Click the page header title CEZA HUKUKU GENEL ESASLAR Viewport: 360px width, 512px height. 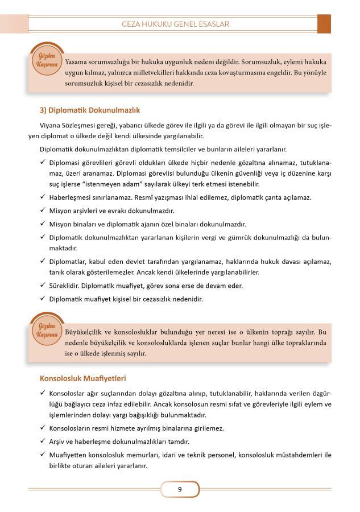click(x=179, y=24)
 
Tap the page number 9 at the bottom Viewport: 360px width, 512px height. click(x=180, y=488)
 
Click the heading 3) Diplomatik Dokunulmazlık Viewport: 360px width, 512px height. click(x=89, y=110)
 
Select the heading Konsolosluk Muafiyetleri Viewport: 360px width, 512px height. click(x=82, y=378)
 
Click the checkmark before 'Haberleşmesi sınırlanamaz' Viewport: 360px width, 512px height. click(x=43, y=197)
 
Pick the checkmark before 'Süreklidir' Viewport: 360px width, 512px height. click(x=43, y=286)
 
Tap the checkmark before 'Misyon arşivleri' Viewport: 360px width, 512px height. click(x=43, y=210)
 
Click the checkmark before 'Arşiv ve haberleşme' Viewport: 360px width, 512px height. click(x=43, y=441)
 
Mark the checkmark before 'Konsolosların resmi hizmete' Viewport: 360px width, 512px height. click(x=43, y=428)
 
